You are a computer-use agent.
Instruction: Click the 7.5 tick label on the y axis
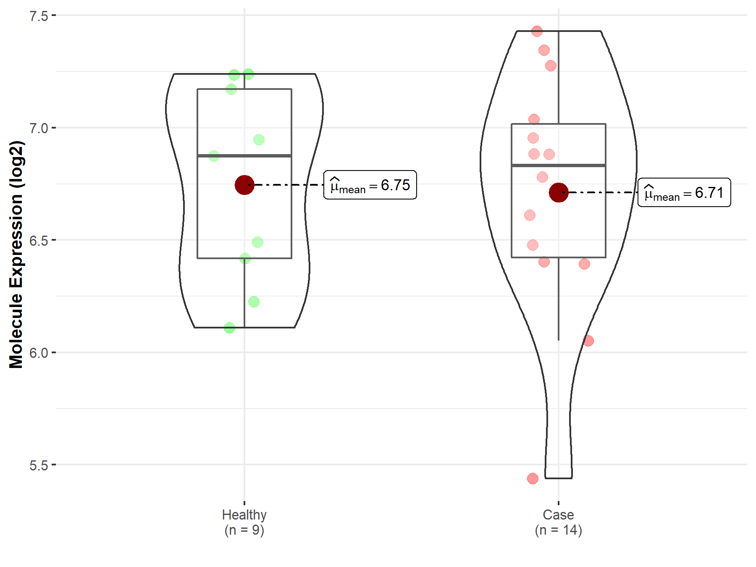(x=39, y=16)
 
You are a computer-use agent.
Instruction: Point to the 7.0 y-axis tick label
(x=39, y=128)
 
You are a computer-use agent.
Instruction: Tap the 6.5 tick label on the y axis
(x=39, y=241)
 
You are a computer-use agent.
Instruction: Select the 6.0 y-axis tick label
(x=39, y=353)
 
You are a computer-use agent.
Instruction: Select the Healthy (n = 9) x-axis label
(x=244, y=522)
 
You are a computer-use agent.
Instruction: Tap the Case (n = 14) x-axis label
(x=559, y=522)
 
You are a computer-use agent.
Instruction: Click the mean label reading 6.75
(x=370, y=185)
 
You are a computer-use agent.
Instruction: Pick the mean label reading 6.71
(x=684, y=192)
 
